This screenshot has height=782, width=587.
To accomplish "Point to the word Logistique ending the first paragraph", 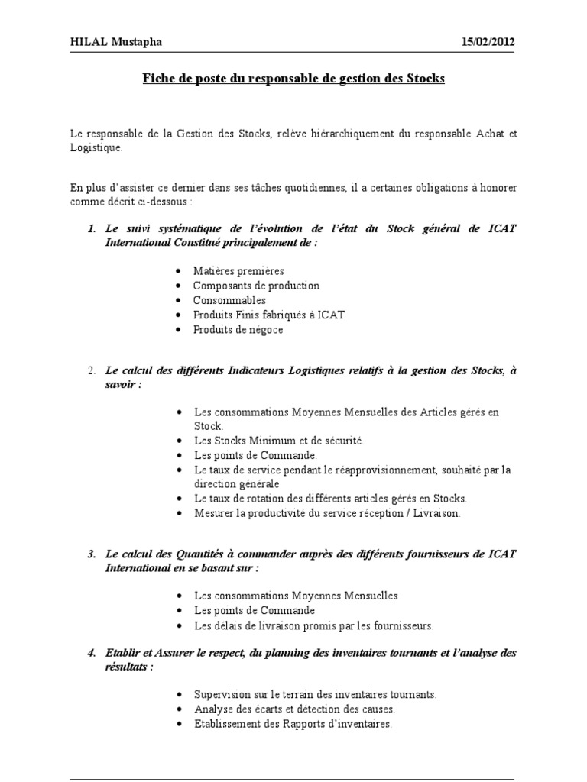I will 95,147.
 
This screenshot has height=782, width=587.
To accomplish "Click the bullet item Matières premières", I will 238,271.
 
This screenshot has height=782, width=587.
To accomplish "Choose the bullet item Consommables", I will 229,300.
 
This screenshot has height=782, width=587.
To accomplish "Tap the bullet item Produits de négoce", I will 238,329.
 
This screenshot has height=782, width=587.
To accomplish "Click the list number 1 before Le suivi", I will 91,228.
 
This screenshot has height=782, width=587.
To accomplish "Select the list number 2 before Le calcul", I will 91,371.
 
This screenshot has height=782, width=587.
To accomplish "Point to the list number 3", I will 91,553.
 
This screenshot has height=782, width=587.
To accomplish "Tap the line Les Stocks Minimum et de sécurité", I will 279,441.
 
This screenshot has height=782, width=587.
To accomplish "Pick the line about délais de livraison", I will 313,625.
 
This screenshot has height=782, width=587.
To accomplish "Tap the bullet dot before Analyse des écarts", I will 178,709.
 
